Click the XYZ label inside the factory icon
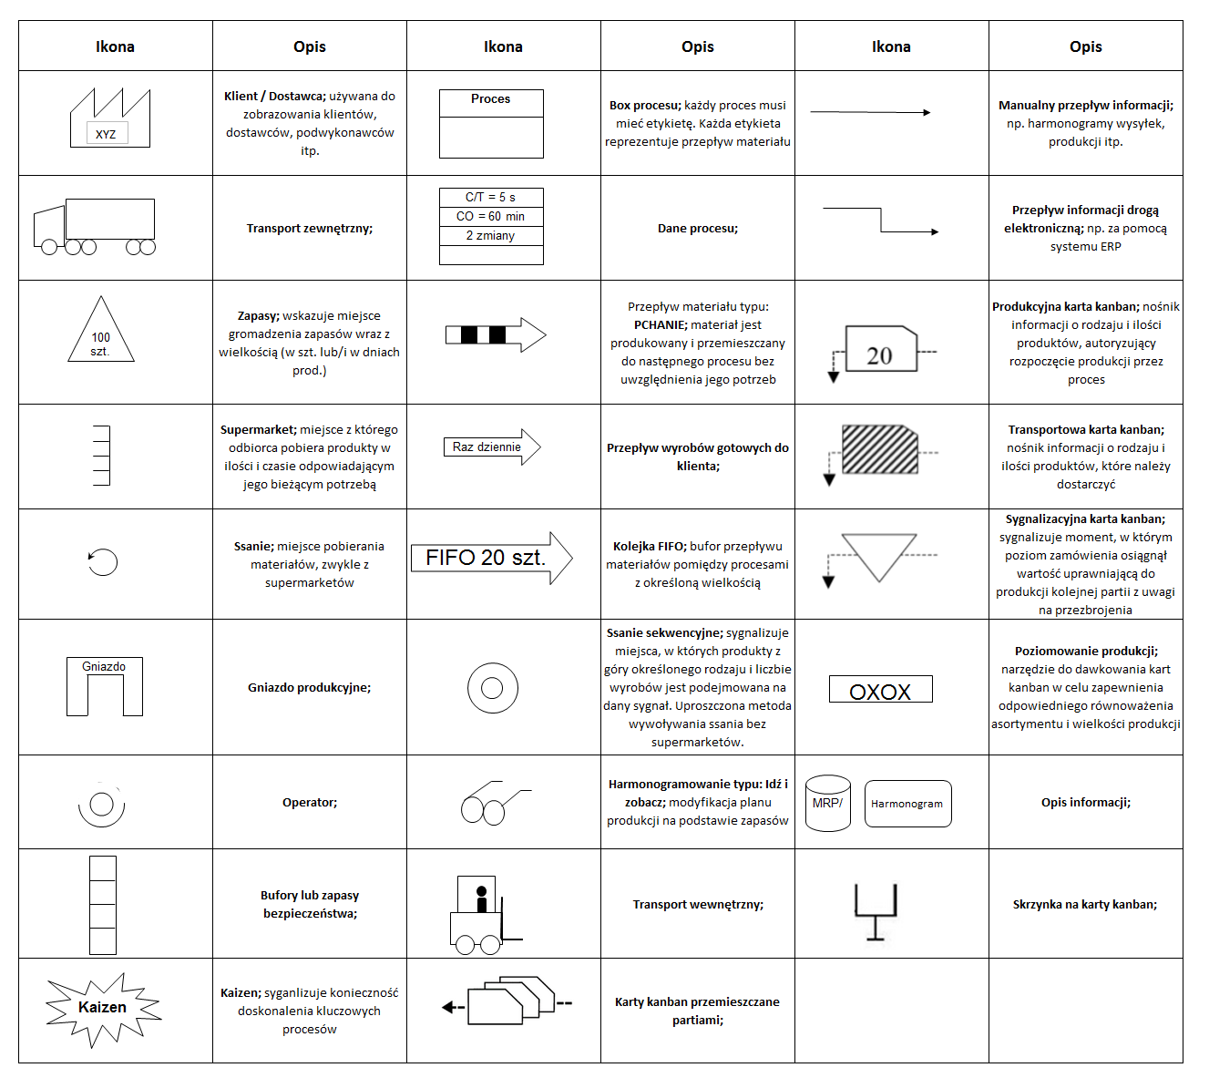click(x=106, y=134)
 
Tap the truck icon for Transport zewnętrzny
click(x=95, y=226)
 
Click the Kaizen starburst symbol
click(x=102, y=1008)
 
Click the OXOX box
click(x=880, y=690)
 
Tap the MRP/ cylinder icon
click(x=828, y=803)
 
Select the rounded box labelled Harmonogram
click(x=907, y=804)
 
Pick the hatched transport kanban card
click(x=879, y=449)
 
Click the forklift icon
click(x=480, y=915)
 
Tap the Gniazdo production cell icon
click(x=104, y=685)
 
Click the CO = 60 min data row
click(x=491, y=217)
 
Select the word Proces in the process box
click(x=491, y=99)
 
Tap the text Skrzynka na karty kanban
click(x=1085, y=905)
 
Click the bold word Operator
click(x=309, y=803)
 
